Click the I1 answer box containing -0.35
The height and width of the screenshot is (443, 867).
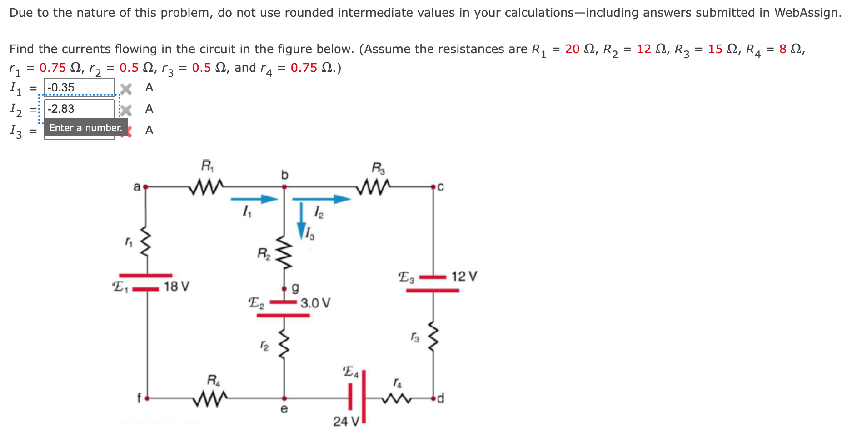click(x=79, y=87)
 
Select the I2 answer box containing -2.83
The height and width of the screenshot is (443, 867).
click(x=79, y=109)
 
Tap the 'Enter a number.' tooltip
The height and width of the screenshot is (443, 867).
click(x=85, y=128)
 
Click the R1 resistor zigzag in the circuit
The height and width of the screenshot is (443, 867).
click(x=207, y=186)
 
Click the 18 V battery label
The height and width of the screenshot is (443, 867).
click(x=177, y=286)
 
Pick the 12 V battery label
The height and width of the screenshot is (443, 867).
click(x=464, y=276)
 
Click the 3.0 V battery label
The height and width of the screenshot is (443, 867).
click(x=315, y=303)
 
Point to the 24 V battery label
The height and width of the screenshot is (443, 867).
click(x=346, y=422)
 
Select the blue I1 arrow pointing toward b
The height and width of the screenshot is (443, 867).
click(x=254, y=199)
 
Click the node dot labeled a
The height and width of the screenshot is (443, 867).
click(x=145, y=186)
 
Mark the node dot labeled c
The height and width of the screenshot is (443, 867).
click(x=433, y=186)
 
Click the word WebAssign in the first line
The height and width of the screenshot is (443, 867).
click(x=807, y=13)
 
